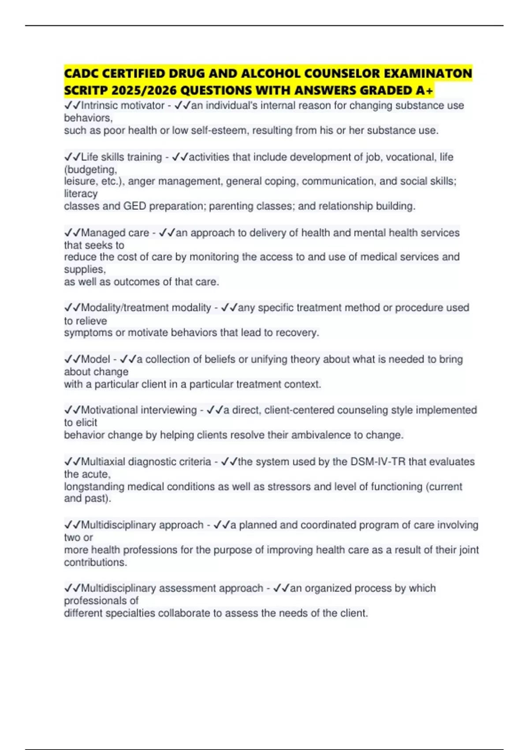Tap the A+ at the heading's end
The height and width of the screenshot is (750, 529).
click(x=425, y=90)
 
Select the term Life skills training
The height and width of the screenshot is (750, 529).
click(x=121, y=157)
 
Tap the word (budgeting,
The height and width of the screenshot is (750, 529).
click(x=90, y=169)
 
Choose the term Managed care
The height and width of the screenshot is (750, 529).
click(x=115, y=232)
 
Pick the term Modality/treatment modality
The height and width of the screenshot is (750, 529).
click(x=146, y=307)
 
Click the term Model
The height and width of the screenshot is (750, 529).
click(x=95, y=359)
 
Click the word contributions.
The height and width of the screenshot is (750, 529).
click(x=95, y=562)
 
